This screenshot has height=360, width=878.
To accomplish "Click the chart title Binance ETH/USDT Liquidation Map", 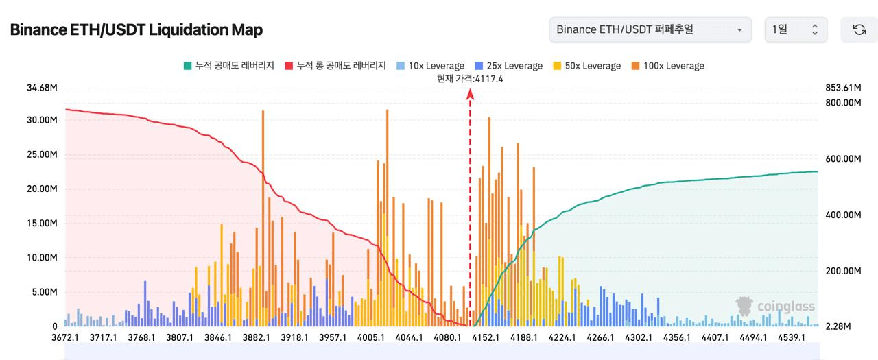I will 136,29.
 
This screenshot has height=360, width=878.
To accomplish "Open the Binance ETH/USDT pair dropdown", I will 650,29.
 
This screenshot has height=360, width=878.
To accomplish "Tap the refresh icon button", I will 859,29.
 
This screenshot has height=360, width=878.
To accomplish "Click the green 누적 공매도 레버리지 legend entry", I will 228,66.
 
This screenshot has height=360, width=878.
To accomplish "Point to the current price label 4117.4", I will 471,79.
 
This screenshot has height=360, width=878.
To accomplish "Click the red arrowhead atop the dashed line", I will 470,94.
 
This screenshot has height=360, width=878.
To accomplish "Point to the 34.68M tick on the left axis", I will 42,88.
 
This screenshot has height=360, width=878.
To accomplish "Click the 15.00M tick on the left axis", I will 42,224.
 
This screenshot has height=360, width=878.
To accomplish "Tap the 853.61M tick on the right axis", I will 842,88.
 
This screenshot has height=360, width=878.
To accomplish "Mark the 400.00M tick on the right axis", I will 842,215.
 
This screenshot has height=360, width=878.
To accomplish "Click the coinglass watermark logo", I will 775,307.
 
